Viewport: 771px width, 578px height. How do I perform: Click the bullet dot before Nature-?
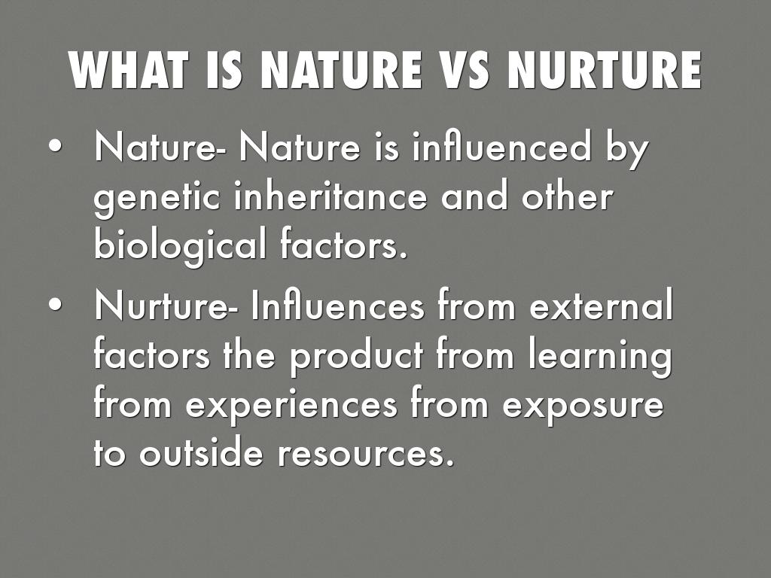click(x=56, y=147)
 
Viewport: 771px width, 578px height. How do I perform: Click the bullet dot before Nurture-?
click(x=56, y=305)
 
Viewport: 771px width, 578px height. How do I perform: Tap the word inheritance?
click(x=331, y=196)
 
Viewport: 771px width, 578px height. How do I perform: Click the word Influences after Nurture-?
click(x=338, y=305)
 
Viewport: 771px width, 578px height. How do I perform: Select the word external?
click(x=602, y=305)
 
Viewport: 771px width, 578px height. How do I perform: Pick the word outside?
click(x=201, y=452)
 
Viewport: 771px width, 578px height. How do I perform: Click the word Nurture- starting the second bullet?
click(x=161, y=305)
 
